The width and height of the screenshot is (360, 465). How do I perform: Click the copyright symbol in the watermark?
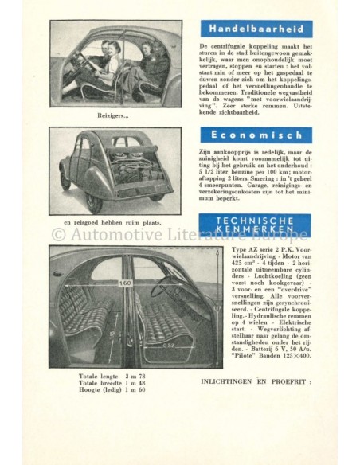[x=57, y=234]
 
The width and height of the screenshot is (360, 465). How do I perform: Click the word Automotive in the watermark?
[x=110, y=234]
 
